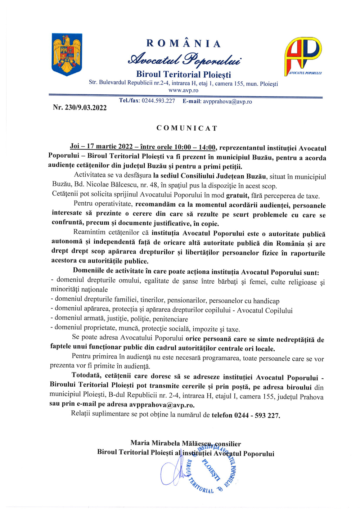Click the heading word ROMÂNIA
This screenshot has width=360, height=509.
(x=183, y=44)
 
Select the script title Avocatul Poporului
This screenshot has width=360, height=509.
(x=184, y=59)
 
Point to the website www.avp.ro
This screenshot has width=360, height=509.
(x=183, y=90)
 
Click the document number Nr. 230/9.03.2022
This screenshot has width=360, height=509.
(x=80, y=107)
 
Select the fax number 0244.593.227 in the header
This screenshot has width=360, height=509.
(x=158, y=101)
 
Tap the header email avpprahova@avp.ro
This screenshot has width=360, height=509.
(x=227, y=102)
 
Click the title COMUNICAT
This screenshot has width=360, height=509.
(x=187, y=128)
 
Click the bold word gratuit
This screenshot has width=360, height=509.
(x=237, y=196)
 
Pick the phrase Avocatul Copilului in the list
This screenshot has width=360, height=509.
(x=265, y=310)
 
